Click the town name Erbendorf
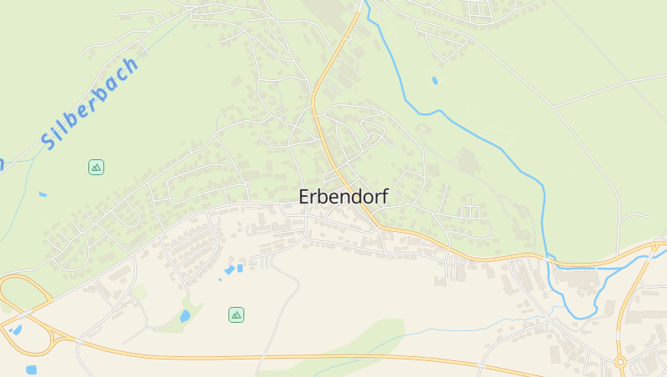pos(344,197)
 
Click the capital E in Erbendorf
pos(305,197)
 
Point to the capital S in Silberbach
pos(49,140)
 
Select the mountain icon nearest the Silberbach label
pos(96,167)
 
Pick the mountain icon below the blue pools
pos(237,314)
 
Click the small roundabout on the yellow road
pos(619,362)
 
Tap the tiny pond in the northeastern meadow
pos(434,81)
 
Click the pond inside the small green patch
pos(185,316)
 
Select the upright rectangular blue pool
pos(240,268)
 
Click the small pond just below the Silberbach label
pos(43,194)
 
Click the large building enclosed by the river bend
pos(576,279)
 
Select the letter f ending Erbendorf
pos(384,197)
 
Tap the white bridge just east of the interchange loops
pos(78,339)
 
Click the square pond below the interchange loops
pos(32,369)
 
